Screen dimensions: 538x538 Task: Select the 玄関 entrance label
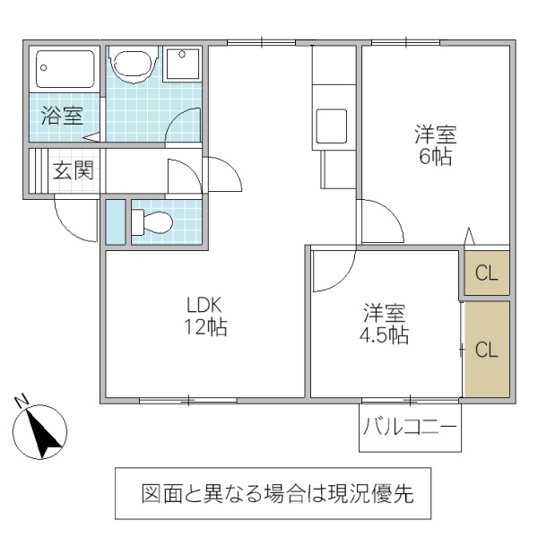(72, 170)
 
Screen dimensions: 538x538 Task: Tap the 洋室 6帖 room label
(435, 145)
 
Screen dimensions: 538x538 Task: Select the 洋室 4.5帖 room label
(385, 325)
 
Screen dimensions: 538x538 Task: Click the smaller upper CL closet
(486, 273)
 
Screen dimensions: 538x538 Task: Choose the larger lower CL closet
(486, 350)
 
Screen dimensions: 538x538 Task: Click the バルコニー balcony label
(411, 430)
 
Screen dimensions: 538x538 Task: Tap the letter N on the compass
(24, 401)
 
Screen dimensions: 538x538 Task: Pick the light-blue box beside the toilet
(115, 221)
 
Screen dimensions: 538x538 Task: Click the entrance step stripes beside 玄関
(37, 170)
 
